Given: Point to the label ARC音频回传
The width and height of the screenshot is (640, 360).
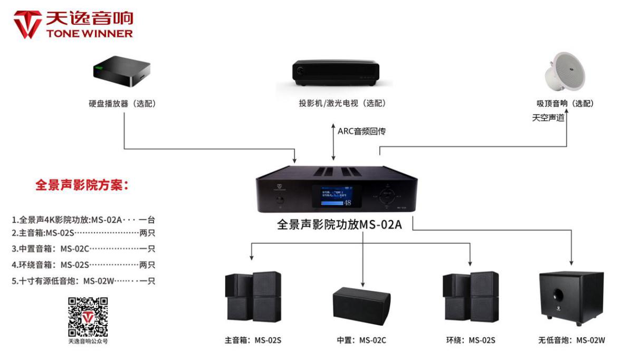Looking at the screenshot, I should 361,131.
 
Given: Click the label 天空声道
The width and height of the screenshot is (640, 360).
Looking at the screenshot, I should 548,118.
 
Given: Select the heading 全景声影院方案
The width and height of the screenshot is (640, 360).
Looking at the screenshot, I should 82,185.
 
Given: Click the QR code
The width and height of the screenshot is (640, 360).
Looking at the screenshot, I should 88,317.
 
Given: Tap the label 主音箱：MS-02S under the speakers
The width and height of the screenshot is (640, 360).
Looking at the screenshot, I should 253,340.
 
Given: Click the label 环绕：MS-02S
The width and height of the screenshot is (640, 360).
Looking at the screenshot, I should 471,340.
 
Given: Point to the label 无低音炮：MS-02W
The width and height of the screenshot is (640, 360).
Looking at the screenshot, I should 571,340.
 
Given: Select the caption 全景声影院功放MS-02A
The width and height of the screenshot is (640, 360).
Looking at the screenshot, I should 339,224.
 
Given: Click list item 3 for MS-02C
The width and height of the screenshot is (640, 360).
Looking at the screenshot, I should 83,249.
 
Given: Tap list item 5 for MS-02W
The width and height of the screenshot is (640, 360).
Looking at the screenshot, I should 83,281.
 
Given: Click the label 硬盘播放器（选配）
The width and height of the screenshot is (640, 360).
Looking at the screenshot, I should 122,104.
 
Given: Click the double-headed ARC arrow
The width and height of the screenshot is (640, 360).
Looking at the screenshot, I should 333,141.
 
